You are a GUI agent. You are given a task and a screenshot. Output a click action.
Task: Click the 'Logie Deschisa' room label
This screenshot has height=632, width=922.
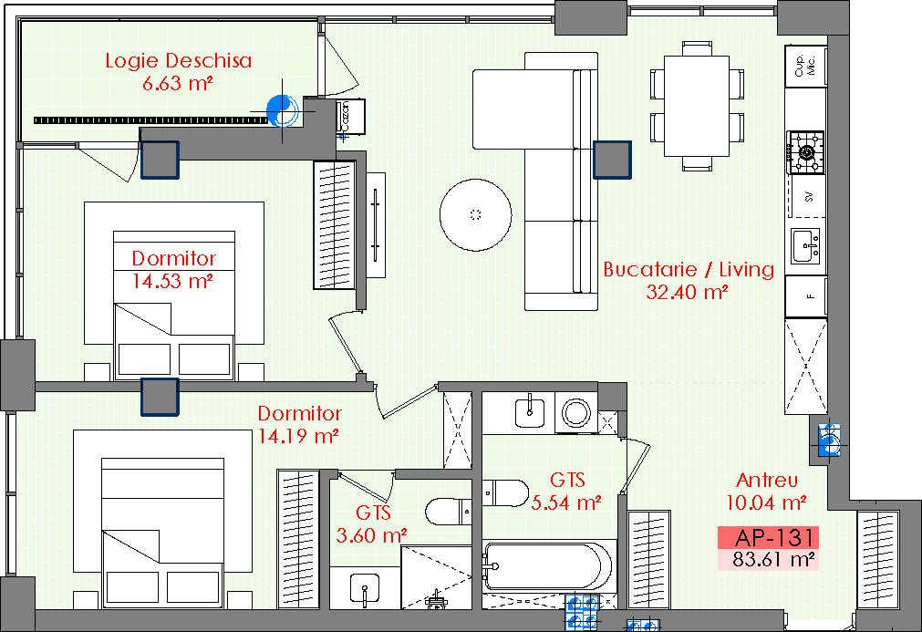click(x=178, y=60)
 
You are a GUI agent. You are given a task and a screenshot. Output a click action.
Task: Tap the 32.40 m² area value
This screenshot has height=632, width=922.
click(x=688, y=292)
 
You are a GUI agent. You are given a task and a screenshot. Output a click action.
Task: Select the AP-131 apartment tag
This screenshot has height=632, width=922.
click(x=774, y=537)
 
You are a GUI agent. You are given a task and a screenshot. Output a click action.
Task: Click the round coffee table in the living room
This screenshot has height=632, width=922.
click(x=476, y=215)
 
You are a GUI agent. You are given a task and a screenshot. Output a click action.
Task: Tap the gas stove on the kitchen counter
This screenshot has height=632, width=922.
click(x=806, y=153)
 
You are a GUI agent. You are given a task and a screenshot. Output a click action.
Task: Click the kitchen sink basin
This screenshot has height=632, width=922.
click(x=805, y=245)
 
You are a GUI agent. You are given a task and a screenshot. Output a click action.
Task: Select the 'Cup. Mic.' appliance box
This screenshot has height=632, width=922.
click(x=805, y=66)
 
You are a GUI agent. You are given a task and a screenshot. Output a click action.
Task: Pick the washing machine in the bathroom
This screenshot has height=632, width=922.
click(x=575, y=413)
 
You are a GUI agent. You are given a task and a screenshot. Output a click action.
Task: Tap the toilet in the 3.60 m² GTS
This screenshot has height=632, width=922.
click(x=448, y=512)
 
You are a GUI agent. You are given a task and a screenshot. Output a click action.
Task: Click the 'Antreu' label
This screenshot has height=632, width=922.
click(x=767, y=481)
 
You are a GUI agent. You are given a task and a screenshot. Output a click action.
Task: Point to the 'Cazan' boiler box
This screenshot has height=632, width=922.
click(x=350, y=117)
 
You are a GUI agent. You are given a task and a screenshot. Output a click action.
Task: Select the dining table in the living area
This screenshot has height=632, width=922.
click(x=697, y=107)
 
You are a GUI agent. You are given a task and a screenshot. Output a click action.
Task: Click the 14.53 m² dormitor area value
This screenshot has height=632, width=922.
click(x=171, y=281)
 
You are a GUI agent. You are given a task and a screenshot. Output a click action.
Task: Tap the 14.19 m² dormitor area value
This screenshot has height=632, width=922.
click(x=298, y=436)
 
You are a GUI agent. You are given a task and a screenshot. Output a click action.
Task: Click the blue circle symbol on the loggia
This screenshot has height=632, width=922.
click(x=282, y=110)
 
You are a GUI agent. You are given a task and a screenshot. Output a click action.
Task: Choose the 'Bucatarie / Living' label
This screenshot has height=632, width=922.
click(x=689, y=269)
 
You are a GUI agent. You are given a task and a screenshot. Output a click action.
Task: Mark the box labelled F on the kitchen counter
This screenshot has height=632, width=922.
click(x=805, y=295)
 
